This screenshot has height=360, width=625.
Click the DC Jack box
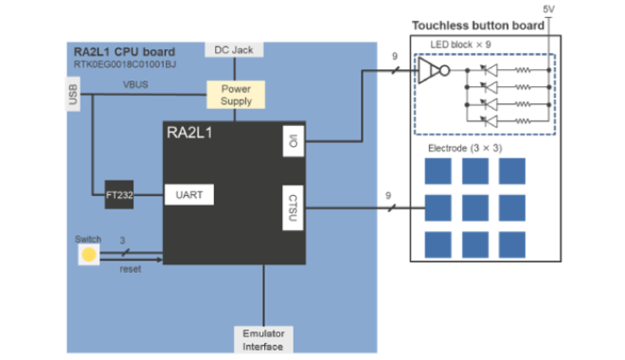click(x=234, y=50)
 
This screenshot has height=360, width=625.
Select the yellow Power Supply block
click(x=236, y=95)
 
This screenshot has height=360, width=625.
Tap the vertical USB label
click(x=72, y=95)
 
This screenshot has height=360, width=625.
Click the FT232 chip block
click(x=119, y=195)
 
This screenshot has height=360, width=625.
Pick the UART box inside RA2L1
click(x=189, y=195)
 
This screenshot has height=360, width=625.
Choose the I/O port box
click(x=293, y=141)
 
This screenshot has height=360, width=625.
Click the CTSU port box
click(x=293, y=208)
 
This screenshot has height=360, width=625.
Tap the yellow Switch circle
click(x=89, y=255)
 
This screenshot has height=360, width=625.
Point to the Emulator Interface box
click(x=263, y=340)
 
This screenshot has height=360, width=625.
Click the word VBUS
click(x=135, y=85)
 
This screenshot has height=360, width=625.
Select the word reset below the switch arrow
click(x=130, y=269)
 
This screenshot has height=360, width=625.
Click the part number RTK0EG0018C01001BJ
click(x=125, y=64)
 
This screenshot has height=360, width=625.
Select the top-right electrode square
click(x=512, y=171)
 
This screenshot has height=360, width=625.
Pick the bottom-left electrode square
click(x=438, y=244)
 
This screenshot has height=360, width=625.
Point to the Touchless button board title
click(x=478, y=26)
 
